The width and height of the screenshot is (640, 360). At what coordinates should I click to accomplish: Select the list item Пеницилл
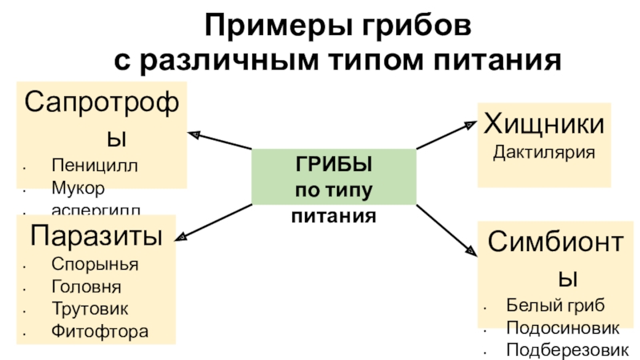pos(95,166)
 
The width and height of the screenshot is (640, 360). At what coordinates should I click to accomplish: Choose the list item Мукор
pos(78,189)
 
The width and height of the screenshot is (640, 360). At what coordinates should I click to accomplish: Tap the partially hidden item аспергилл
pos(97,210)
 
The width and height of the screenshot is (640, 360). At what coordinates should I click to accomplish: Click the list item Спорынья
pos(95,263)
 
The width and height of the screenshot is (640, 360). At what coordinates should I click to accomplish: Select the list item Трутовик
pos(90,307)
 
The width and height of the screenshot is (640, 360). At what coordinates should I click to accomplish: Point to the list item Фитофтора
pos(100,330)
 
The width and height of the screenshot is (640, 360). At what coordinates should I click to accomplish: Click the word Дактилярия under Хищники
pos(544,150)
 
